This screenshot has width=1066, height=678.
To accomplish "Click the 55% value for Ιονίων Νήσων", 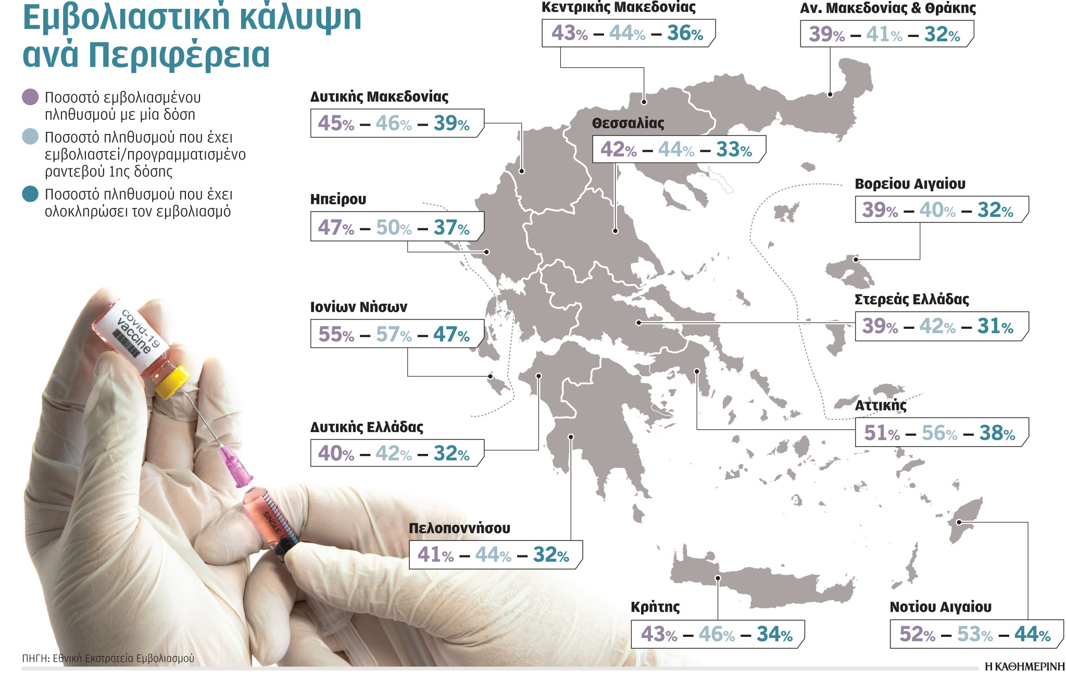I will pos(336,334).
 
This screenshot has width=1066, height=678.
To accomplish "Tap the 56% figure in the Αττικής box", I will pos(939,433).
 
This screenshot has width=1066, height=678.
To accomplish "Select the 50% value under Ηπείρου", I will pos(393,227).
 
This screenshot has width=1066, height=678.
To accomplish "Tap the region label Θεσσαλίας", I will pos(628,124).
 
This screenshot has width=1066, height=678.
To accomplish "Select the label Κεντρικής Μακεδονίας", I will pos(618,7).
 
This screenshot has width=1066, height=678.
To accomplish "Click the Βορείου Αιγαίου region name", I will pos(910,184).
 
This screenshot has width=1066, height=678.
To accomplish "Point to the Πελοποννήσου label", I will pos(459,528).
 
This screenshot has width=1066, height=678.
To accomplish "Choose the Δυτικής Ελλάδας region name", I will pos(367,427).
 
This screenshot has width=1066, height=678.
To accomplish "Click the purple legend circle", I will pos(31,97).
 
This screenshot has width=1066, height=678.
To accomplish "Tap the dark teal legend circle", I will pos(31,194).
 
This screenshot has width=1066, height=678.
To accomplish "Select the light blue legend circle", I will pos(31,137).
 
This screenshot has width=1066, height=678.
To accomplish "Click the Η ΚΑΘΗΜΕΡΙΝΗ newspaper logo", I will pos(1024,667).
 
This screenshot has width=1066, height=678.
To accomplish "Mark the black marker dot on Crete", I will pos(718,578).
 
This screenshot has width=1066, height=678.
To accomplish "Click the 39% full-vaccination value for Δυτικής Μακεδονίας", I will pos(451,124).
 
